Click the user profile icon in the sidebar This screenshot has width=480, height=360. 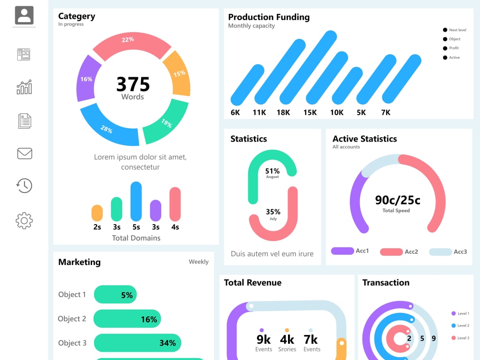(x=24, y=15)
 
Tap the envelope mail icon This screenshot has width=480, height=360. (x=24, y=154)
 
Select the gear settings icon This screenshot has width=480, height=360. (x=24, y=220)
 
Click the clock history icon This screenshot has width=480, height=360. (x=24, y=185)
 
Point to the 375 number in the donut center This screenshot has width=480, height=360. (x=133, y=84)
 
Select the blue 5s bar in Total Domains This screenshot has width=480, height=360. (x=136, y=201)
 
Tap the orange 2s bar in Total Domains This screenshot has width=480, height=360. (x=97, y=213)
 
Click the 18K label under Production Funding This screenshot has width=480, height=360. (x=283, y=113)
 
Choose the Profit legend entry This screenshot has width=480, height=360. (x=451, y=48)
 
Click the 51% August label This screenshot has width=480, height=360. (x=273, y=173)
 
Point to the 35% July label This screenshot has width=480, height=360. (x=273, y=214)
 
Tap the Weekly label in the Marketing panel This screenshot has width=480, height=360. (x=199, y=262)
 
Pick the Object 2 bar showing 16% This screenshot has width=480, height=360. (x=127, y=319)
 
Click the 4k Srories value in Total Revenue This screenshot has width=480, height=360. (x=287, y=343)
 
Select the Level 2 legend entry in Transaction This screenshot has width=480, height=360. (x=460, y=325)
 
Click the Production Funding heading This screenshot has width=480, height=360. (x=269, y=17)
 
